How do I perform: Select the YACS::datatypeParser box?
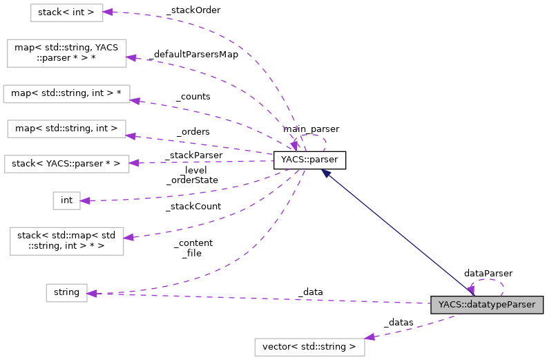click(x=486, y=304)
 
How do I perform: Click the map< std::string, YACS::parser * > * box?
click(x=66, y=53)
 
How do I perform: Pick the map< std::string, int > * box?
click(x=66, y=94)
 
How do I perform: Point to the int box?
click(x=66, y=200)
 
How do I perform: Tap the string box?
click(x=66, y=293)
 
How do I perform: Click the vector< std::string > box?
click(x=309, y=346)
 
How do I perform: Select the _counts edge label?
click(x=193, y=97)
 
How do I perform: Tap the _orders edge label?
click(x=193, y=131)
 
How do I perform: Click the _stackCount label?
click(x=193, y=206)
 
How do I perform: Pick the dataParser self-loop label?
click(x=488, y=274)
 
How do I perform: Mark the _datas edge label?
click(x=399, y=323)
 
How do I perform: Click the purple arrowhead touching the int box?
click(x=85, y=201)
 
